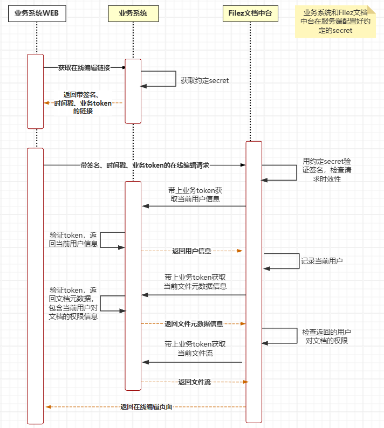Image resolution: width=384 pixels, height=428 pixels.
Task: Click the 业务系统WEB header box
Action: [x=37, y=13]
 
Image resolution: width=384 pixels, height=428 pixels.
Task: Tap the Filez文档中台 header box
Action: [x=250, y=13]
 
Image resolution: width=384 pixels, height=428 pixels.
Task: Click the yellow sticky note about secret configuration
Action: [x=335, y=22]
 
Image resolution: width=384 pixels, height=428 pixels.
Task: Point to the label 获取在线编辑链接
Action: [x=84, y=68]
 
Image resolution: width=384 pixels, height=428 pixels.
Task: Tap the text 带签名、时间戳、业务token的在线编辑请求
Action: [x=145, y=165]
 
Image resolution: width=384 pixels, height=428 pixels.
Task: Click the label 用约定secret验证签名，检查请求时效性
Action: [x=326, y=170]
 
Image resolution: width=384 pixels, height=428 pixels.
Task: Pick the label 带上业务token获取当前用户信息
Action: [x=195, y=195]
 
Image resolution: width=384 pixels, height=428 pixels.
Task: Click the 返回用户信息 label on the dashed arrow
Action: [x=191, y=251]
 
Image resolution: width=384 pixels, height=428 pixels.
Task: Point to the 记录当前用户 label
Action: [x=322, y=260]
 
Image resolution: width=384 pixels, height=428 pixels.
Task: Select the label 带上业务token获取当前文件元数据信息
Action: [x=195, y=281]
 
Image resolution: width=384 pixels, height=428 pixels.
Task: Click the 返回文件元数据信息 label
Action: [x=194, y=323]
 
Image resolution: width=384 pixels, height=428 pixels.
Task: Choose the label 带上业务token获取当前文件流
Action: [x=195, y=348]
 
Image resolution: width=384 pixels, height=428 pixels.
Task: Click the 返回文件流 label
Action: [x=194, y=382]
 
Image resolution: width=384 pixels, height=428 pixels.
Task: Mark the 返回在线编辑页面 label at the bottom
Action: [x=146, y=407]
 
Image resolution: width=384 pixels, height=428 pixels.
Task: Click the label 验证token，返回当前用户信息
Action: [x=73, y=239]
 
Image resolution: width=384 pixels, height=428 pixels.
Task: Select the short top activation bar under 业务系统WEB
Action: [x=35, y=91]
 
